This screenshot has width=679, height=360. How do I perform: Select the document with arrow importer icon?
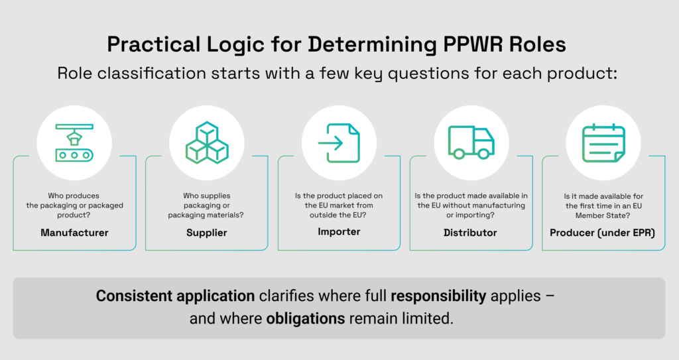click(x=339, y=143)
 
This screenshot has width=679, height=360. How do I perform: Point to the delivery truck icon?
click(x=471, y=142)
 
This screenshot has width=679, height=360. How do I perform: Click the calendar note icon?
click(x=603, y=143)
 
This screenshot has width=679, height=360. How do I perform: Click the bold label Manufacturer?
click(x=74, y=233)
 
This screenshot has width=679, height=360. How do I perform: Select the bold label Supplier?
click(x=207, y=233)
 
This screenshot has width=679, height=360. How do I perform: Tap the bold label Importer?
click(x=339, y=231)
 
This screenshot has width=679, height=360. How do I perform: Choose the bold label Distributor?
click(x=470, y=233)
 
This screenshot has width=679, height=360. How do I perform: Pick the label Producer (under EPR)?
click(x=603, y=233)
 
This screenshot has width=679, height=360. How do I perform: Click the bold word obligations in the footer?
click(x=306, y=318)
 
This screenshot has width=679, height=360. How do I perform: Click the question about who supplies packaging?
click(x=207, y=206)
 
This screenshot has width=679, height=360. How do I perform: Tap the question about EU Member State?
click(x=603, y=206)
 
